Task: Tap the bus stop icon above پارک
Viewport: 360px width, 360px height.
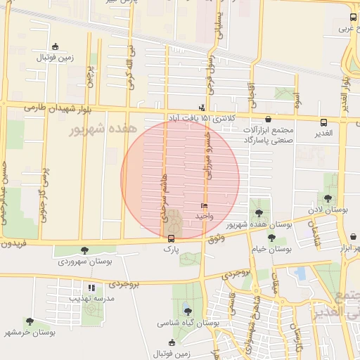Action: point(172,238)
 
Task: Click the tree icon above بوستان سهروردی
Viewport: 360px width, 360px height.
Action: point(85,250)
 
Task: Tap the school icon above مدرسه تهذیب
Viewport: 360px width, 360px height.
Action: point(91,287)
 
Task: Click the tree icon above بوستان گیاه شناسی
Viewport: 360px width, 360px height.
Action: point(187,310)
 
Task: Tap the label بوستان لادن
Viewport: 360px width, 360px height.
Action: point(328,210)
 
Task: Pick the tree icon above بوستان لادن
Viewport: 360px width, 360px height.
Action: point(328,199)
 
